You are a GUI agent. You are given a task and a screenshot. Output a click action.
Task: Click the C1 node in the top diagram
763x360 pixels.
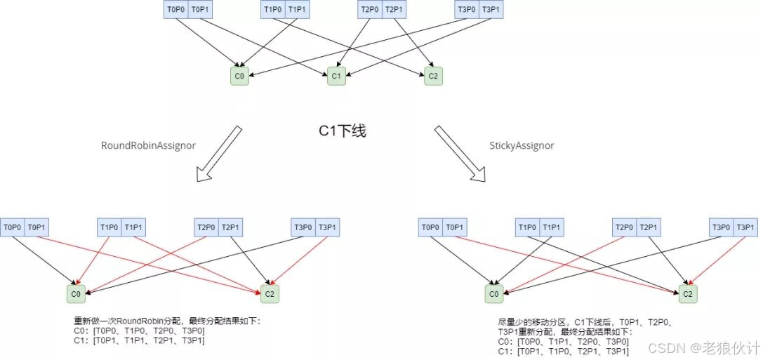pyautogui.click(x=336, y=75)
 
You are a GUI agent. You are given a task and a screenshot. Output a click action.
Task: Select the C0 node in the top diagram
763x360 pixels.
pyautogui.click(x=239, y=75)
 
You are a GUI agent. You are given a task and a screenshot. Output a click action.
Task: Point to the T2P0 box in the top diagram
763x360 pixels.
pyautogui.click(x=369, y=9)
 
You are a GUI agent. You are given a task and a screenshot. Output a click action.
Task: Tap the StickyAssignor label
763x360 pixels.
pyautogui.click(x=522, y=145)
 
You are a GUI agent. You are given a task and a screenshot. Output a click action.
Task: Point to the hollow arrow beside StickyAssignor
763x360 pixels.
pyautogui.click(x=460, y=154)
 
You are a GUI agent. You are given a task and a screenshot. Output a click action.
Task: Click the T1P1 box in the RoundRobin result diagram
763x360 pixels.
pyautogui.click(x=133, y=227)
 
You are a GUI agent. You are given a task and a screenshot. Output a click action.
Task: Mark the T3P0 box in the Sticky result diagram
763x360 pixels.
pyautogui.click(x=721, y=227)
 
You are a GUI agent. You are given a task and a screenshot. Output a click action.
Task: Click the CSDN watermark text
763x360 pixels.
pyautogui.click(x=704, y=347)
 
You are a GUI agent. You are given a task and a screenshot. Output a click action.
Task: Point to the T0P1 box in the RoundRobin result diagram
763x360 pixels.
pyautogui.click(x=37, y=227)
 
